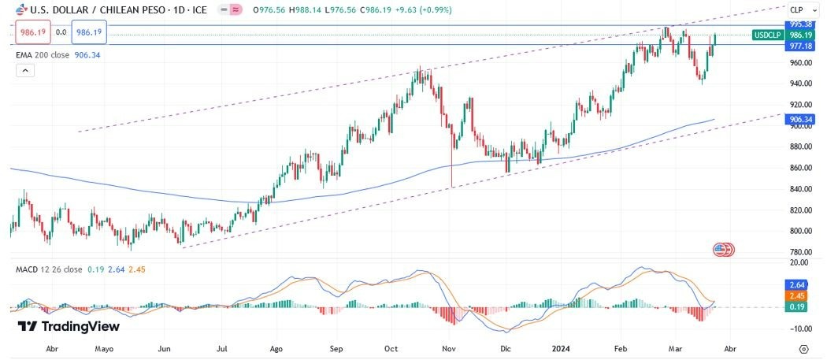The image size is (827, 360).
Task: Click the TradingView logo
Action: coord(69,326)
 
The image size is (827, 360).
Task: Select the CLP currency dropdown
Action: coord(801,10)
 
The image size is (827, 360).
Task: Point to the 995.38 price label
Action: coord(800,24)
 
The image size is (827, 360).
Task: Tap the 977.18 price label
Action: coord(800,46)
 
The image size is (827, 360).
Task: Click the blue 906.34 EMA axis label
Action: coord(800,120)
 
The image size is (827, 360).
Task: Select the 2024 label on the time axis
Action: coord(560,347)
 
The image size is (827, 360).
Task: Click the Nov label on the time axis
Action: coord(449,347)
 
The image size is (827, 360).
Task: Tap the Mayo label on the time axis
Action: coord(104,347)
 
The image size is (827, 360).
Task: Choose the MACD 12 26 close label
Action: coord(49,269)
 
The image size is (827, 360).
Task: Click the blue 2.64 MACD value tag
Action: coord(796,284)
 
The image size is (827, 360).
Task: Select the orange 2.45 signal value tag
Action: coord(796,295)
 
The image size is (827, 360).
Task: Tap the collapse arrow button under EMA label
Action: coord(24,71)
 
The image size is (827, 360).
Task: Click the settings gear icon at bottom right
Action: coord(803,347)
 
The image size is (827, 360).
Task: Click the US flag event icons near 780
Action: coord(723,250)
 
